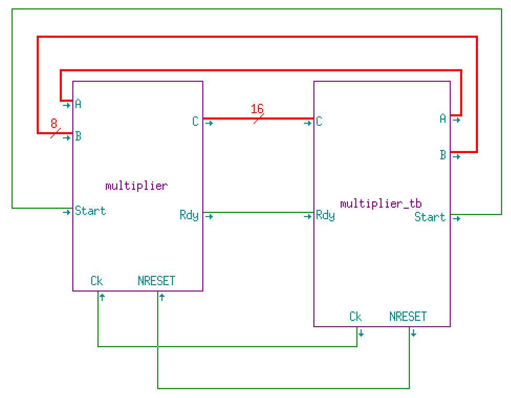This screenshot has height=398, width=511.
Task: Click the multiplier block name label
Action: coord(136,186)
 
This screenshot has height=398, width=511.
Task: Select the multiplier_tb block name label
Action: coord(381,203)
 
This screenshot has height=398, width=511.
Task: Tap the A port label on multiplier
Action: coord(78,104)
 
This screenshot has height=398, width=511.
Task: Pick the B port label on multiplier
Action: coord(78,136)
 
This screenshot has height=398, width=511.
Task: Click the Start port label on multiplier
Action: coord(90,211)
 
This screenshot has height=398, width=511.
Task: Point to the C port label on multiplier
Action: coord(195,122)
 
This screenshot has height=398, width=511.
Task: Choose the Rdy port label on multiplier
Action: coord(189,214)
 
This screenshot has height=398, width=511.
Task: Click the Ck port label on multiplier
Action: coord(96,281)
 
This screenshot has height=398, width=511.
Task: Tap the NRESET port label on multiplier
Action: coord(156,281)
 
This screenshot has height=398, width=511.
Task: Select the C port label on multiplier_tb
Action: coord(319,122)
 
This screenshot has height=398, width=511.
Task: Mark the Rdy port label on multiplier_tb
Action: coord(325,214)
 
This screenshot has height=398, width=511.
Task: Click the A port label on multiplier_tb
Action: coord(443,119)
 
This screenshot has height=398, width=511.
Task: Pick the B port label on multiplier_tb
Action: coord(443,155)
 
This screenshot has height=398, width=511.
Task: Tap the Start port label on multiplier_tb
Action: coord(430,217)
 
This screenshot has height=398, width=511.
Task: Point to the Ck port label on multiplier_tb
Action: coord(355,317)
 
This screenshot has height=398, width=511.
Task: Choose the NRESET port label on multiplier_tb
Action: coord(408,317)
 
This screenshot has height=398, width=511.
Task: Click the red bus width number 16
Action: coord(257,109)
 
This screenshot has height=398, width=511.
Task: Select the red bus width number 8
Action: coord(53,124)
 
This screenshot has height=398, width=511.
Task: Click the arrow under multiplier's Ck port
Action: coord(102,297)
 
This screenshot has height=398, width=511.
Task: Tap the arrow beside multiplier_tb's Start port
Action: coord(456,218)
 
